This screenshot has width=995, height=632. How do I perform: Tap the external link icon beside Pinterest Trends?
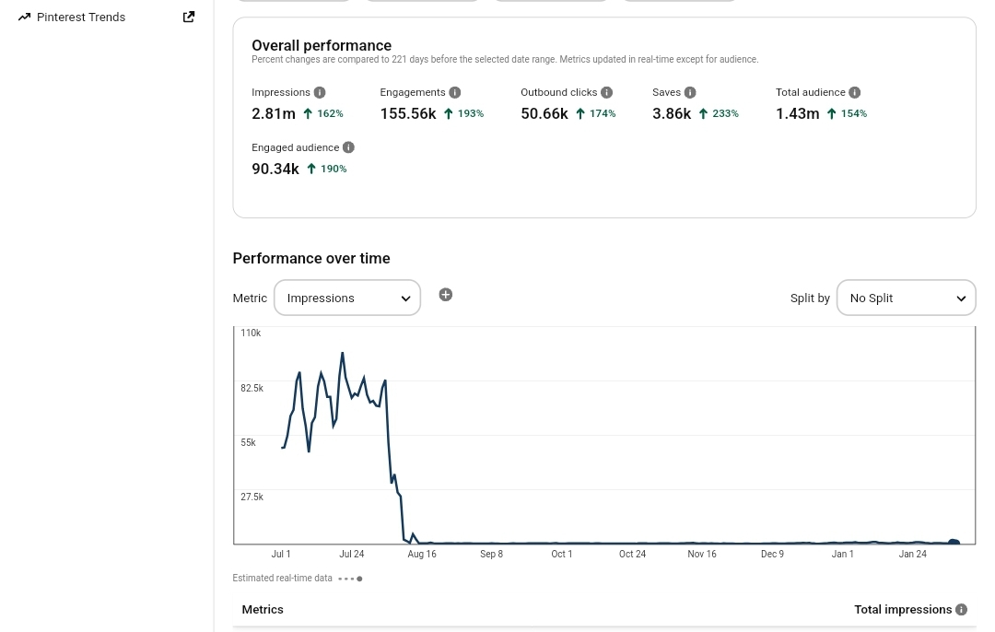189,18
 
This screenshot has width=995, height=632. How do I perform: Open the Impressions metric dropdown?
347,298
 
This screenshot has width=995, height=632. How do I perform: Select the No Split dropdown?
907,298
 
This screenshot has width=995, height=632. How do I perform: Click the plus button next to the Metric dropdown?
446,295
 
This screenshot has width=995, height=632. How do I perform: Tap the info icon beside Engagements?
455,93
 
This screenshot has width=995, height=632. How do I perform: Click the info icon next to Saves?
690,93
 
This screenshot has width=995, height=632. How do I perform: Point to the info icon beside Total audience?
855,93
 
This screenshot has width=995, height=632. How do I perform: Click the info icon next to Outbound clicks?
606,93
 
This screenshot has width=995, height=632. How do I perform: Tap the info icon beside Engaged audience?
348,147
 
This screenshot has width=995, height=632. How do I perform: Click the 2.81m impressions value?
274,113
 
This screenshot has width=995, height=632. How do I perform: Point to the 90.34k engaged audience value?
275,169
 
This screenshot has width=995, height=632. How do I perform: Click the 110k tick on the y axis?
251,334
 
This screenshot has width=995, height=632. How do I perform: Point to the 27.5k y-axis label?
252,497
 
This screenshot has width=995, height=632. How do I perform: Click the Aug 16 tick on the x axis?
422,554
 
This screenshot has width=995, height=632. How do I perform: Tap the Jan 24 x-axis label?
912,554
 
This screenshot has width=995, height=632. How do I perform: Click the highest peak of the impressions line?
343,353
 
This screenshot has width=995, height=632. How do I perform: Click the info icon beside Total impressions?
961,610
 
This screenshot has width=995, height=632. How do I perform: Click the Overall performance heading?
322,46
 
